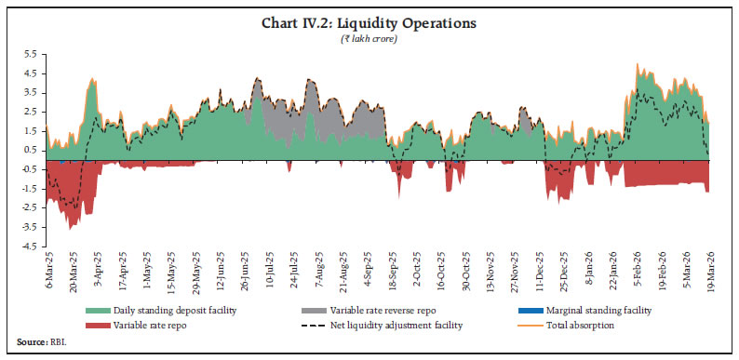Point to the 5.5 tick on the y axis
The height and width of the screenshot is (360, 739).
tap(30, 54)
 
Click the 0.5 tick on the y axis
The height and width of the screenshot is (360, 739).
tap(30, 150)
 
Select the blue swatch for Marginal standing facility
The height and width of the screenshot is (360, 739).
tap(529, 310)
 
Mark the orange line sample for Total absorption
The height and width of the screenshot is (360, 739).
tap(529, 324)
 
